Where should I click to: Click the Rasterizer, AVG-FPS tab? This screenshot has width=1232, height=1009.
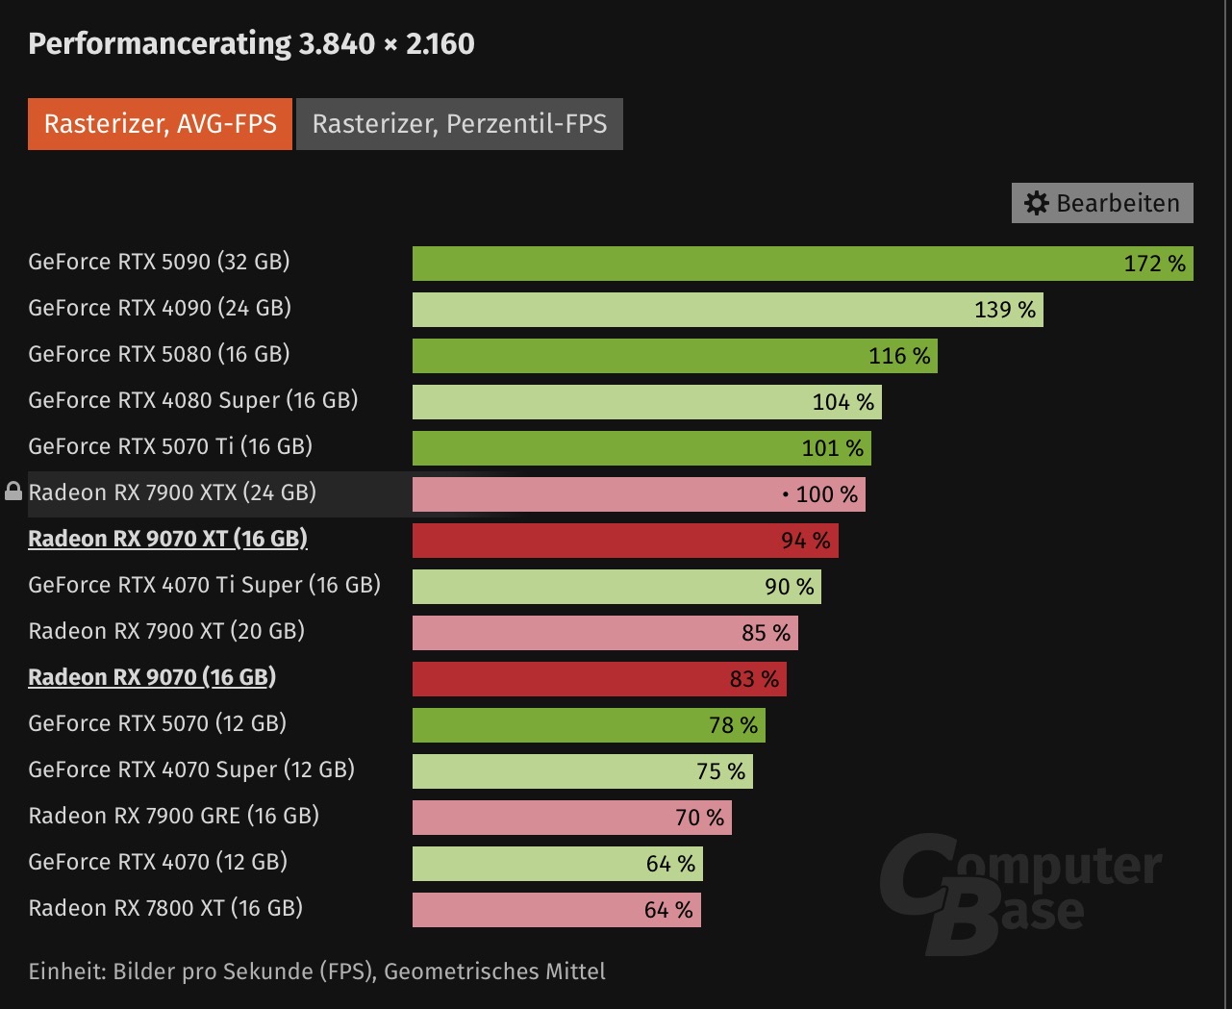click(160, 124)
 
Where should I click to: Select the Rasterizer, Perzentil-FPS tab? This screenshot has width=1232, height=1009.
click(460, 124)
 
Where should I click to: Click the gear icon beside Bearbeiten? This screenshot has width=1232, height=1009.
click(1036, 203)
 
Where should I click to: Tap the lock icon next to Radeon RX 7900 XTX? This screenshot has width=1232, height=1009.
click(13, 492)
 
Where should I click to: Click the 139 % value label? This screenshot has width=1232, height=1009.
click(1004, 310)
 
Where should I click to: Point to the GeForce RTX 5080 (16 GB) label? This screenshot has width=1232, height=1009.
click(159, 354)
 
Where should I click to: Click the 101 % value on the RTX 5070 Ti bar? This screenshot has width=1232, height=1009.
click(832, 448)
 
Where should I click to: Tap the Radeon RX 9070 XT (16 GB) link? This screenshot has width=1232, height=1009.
click(167, 539)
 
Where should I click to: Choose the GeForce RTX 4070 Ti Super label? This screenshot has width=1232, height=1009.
click(204, 585)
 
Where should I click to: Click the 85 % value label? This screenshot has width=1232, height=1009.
click(766, 633)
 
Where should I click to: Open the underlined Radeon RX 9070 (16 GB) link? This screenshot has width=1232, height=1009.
click(152, 677)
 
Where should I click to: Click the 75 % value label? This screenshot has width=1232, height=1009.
click(720, 771)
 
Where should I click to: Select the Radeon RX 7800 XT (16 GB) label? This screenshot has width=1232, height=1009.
click(165, 908)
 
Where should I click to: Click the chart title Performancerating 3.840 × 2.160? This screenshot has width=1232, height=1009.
click(251, 43)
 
